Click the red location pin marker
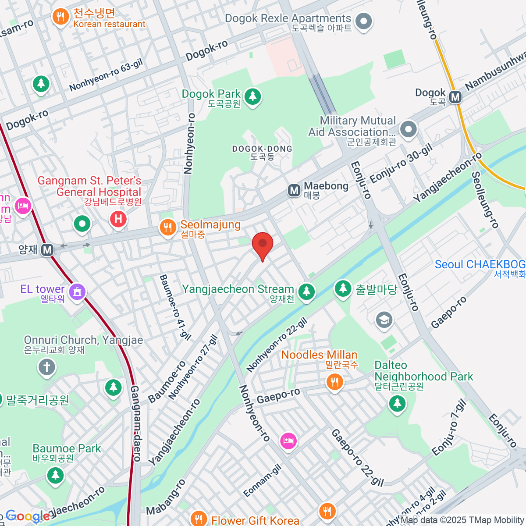[263, 245]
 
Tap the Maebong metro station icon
[294, 190]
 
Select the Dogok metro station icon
[455, 97]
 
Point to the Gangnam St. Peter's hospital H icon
[118, 219]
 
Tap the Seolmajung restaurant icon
[167, 228]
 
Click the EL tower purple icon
[77, 291]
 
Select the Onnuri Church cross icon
[47, 367]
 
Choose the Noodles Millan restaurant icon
[334, 381]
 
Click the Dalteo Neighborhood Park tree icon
[397, 403]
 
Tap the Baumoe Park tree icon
[55, 475]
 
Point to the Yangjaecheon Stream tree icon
[306, 291]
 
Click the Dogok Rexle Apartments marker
[363, 21]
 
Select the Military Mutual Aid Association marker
[409, 129]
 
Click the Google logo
[27, 516]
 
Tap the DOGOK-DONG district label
[262, 152]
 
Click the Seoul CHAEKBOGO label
[480, 265]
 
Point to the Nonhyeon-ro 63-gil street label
[106, 76]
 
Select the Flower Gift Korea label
[255, 520]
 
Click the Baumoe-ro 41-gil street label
[175, 307]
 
